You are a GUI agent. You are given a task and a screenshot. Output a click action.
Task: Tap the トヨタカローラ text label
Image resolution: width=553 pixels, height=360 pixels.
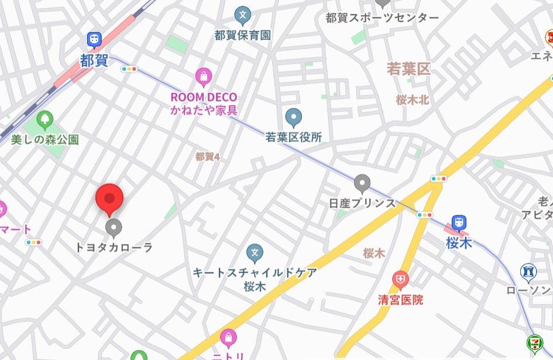(114, 248)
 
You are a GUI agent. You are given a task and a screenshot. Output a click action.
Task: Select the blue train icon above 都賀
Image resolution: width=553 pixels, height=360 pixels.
(94, 40)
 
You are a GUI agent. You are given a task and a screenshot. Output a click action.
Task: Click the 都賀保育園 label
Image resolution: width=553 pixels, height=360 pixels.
(242, 35)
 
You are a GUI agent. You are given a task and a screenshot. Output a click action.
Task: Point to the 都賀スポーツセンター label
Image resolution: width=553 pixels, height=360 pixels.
(382, 18)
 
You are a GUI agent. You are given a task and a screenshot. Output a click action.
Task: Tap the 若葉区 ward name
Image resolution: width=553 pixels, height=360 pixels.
(408, 70)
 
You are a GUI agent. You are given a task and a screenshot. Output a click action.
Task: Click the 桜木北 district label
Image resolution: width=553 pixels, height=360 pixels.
(412, 100)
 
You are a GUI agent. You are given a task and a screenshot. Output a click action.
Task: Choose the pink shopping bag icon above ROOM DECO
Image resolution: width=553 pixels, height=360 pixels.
(203, 76)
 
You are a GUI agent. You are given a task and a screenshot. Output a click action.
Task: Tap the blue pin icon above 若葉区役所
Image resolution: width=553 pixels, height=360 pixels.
(293, 117)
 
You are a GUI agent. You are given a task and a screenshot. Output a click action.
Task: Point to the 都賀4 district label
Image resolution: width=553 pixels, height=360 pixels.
(207, 156)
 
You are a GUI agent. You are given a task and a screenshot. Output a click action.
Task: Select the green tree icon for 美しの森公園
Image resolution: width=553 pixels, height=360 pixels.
(44, 120)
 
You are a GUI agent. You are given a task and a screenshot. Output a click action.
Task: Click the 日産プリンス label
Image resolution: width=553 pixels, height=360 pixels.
(362, 203)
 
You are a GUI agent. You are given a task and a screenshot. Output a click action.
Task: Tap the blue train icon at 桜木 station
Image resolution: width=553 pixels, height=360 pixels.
(459, 222)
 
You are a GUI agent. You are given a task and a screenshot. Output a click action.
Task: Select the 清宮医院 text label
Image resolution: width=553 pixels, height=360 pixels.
(400, 300)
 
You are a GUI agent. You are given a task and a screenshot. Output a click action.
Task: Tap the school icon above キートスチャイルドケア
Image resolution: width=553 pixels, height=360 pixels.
(254, 253)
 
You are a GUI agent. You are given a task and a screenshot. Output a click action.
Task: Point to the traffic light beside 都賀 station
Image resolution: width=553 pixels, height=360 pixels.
(129, 69)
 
